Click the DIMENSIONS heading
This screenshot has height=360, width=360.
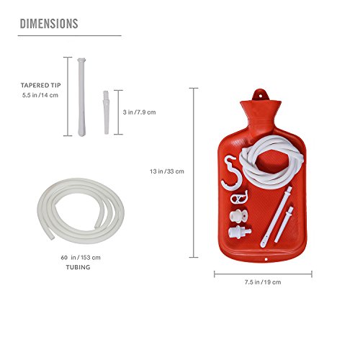pyautogui.click(x=48, y=24)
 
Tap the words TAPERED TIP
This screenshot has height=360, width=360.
pyautogui.click(x=39, y=84)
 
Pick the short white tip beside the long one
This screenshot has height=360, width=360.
pyautogui.click(x=107, y=112)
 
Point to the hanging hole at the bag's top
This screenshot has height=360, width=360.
pyautogui.click(x=263, y=91)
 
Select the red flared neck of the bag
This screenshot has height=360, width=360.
pyautogui.click(x=263, y=115)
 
